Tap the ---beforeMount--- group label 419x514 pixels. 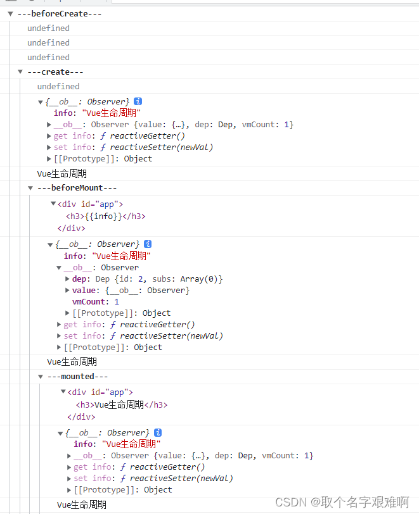[77, 187]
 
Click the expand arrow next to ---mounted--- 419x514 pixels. [41, 377]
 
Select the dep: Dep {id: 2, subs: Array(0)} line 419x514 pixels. [147, 279]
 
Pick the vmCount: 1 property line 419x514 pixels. [95, 301]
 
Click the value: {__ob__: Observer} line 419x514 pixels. [131, 290]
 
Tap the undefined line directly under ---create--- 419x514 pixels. [58, 86]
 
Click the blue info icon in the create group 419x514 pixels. [138, 101]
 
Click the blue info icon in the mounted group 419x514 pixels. [158, 432]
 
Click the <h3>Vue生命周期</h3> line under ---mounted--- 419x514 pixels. [122, 404]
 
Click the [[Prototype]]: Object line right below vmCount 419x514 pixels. [121, 313]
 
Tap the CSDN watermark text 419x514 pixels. [342, 501]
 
